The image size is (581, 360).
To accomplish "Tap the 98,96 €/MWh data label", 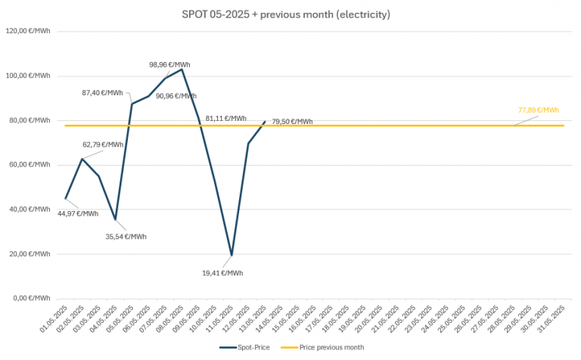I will click(x=169, y=65).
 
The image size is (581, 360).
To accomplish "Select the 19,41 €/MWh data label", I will click(x=223, y=273).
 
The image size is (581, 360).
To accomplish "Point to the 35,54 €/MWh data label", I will click(x=126, y=237).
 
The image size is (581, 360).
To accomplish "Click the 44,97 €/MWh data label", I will click(x=78, y=213).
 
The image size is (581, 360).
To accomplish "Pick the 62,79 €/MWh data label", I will click(x=103, y=144).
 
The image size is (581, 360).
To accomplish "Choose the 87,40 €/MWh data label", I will click(x=102, y=93).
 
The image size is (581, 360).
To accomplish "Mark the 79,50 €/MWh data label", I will click(x=292, y=122).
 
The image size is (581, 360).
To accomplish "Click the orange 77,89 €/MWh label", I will click(x=539, y=110).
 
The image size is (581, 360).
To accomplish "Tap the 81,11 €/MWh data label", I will click(x=226, y=119).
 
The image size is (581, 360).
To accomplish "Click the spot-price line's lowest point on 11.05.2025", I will click(x=231, y=255).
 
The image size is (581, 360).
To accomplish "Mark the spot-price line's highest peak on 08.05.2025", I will click(x=182, y=70).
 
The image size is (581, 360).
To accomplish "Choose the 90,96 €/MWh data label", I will click(x=176, y=96).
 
